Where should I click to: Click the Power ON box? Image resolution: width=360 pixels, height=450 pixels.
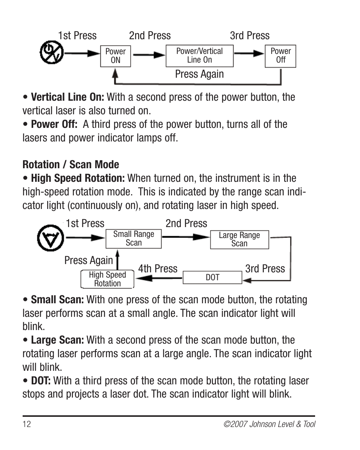click(x=115, y=56)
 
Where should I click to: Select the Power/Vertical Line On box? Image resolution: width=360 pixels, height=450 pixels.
click(x=199, y=56)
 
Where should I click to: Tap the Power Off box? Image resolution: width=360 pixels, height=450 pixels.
click(x=280, y=56)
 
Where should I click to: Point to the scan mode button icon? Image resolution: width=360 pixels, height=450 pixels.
click(x=50, y=238)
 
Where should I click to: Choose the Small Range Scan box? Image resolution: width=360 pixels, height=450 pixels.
click(x=134, y=239)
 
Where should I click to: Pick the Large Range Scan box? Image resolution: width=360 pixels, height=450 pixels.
click(x=239, y=240)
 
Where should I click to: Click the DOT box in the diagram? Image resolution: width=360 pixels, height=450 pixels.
click(x=212, y=278)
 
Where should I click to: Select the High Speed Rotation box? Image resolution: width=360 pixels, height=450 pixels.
click(x=107, y=280)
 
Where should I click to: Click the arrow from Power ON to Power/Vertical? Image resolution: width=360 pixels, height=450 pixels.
click(x=149, y=55)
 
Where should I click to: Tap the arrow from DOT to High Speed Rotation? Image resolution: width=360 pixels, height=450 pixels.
click(x=158, y=278)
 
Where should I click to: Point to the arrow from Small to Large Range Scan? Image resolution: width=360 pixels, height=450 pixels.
click(x=186, y=237)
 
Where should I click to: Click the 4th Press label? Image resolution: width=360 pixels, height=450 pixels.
click(x=157, y=269)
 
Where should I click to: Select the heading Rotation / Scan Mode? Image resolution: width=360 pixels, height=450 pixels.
click(x=71, y=164)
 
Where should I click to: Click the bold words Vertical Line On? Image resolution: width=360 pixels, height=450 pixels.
click(x=68, y=97)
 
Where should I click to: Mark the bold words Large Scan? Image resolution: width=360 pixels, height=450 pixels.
click(x=57, y=340)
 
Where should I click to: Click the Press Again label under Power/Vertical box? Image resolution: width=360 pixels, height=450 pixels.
click(x=199, y=74)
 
